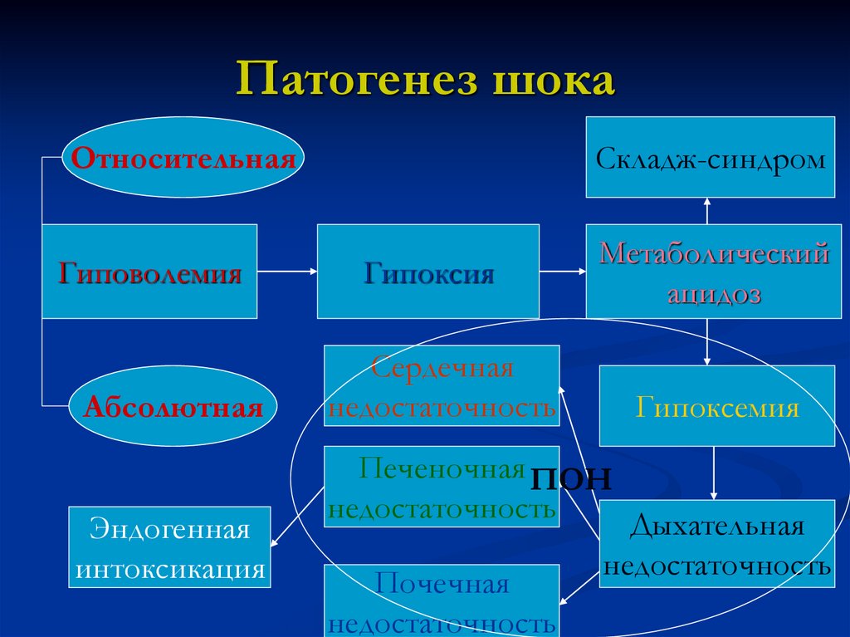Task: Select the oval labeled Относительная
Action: click(x=183, y=158)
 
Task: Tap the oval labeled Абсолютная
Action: click(x=173, y=406)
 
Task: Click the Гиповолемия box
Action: click(x=149, y=271)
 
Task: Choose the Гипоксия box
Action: click(x=428, y=271)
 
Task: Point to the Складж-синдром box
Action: click(x=710, y=157)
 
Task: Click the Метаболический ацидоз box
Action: click(x=710, y=271)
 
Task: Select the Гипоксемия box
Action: click(x=717, y=406)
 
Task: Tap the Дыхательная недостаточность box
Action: click(x=717, y=545)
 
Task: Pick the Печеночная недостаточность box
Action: click(x=442, y=488)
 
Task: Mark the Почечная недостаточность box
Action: click(x=442, y=600)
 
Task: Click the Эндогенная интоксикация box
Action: click(x=170, y=548)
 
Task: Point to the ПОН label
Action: click(x=570, y=478)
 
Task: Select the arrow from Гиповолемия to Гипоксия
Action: click(x=287, y=271)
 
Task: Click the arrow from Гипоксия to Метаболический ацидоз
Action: click(x=562, y=271)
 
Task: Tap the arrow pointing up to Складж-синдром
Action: click(x=707, y=211)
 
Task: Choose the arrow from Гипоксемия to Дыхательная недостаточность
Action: click(x=714, y=473)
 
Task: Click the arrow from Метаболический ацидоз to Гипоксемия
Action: click(x=707, y=341)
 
